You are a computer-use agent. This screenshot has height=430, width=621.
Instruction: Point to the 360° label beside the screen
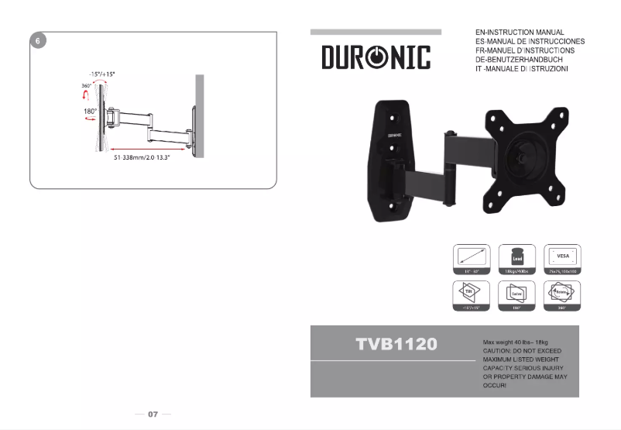86,86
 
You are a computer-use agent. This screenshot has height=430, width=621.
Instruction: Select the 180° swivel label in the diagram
90,112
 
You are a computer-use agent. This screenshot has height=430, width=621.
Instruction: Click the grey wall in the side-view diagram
200,115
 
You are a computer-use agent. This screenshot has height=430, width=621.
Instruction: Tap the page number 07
153,415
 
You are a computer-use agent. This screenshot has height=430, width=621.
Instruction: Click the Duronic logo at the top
376,57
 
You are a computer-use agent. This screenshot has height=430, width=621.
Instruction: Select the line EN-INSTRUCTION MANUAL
520,33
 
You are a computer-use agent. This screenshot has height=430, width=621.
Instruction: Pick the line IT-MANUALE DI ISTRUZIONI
522,70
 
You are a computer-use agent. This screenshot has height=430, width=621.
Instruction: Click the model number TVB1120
397,343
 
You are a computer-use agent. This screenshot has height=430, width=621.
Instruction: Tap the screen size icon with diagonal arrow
472,260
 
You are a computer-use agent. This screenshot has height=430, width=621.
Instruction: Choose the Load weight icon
517,260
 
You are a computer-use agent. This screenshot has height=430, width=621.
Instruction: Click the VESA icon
563,260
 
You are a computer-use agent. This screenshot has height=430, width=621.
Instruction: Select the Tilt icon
472,295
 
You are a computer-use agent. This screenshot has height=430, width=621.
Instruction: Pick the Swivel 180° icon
517,295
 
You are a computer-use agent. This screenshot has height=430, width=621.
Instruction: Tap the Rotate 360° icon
563,295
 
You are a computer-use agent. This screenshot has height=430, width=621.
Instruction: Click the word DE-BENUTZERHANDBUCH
519,60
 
